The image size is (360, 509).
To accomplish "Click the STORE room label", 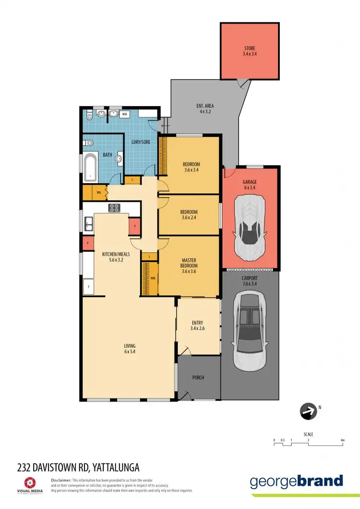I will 249,51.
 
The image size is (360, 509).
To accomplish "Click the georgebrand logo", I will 297,481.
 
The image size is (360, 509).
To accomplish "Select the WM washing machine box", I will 124,114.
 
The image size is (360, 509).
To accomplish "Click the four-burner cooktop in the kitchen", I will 115,208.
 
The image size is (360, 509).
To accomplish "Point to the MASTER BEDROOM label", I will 189,265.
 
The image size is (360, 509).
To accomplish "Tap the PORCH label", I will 198,378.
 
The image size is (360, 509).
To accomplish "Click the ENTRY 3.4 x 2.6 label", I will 198,326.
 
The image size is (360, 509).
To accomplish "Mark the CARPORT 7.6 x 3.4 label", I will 250,281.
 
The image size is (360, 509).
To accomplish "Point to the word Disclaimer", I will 61,480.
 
